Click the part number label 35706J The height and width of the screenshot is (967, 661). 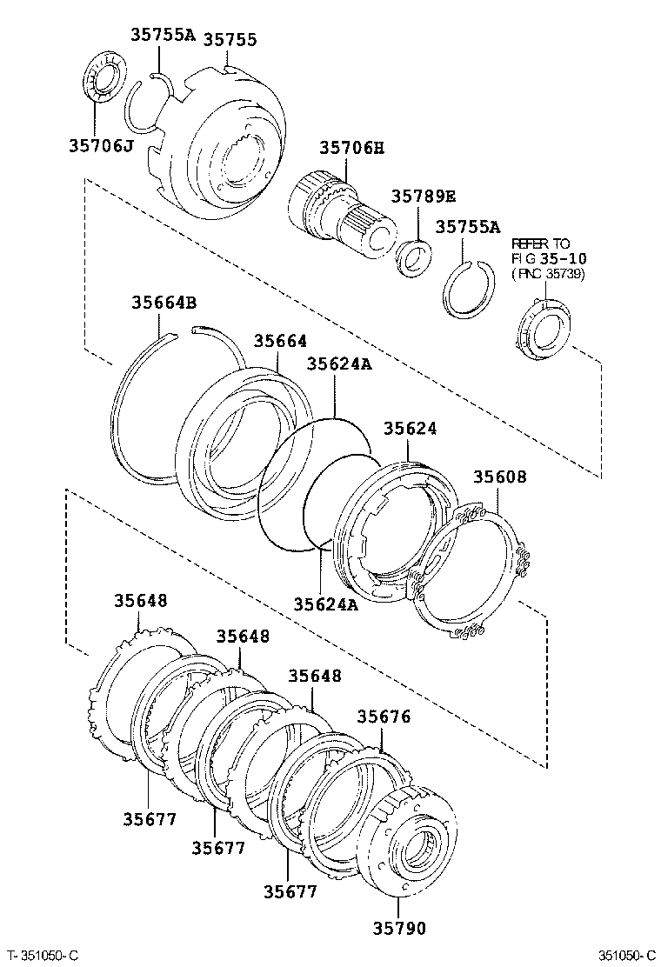point(100,145)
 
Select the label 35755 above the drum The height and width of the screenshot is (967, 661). point(230,40)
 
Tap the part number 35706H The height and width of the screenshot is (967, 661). point(351,149)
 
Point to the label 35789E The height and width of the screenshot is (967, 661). point(423,196)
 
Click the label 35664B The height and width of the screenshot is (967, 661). point(164,303)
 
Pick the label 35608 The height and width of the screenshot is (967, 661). point(499,477)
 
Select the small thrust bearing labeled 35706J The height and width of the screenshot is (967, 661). point(104,77)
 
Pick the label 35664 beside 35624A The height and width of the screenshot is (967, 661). point(280,342)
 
